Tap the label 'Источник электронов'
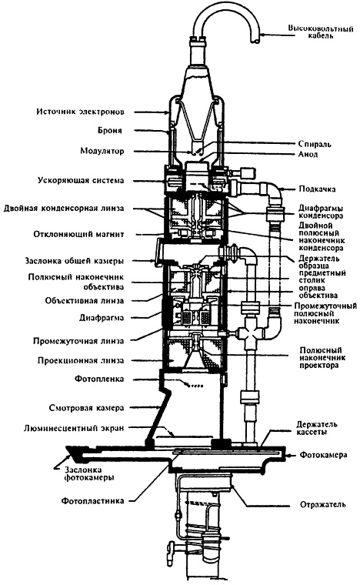[105, 112]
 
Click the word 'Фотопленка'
[115, 379]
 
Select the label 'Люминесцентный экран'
[95, 427]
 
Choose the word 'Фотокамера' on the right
[324, 456]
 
